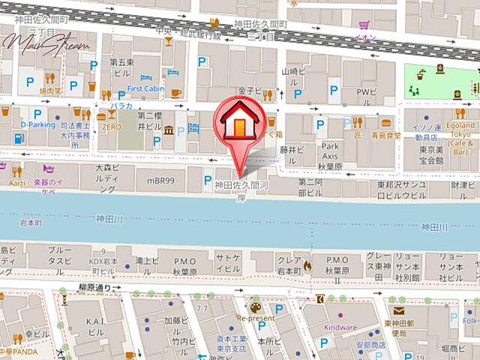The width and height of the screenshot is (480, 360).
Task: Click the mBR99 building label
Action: coord(160,181)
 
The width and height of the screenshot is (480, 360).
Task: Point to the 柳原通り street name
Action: coord(94,287)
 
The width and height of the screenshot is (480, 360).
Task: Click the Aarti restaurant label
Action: coord(17,182)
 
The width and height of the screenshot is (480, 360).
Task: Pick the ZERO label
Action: coord(112,127)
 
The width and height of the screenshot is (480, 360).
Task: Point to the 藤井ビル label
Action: coord(289,150)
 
